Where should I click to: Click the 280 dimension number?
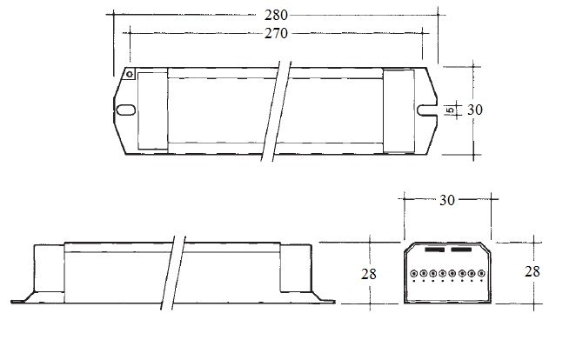pyautogui.click(x=276, y=15)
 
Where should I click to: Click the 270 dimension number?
pyautogui.click(x=276, y=33)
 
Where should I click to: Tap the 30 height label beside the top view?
pyautogui.click(x=474, y=110)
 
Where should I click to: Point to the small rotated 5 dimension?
pyautogui.click(x=450, y=110)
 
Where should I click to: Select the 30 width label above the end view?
pyautogui.click(x=447, y=200)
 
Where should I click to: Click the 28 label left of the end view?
pyautogui.click(x=368, y=274)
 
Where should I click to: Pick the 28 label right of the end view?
pyautogui.click(x=532, y=271)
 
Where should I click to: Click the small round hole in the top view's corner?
pyautogui.click(x=130, y=74)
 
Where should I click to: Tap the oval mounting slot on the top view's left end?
pyautogui.click(x=125, y=110)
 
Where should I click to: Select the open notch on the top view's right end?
pyautogui.click(x=427, y=110)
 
